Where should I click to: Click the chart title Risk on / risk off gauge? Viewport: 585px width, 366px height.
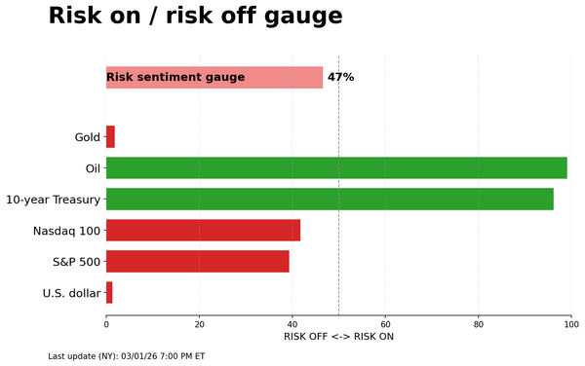coord(195,17)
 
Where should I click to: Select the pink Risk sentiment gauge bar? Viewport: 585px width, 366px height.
coord(214,77)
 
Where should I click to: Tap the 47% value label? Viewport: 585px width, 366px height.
coord(340,77)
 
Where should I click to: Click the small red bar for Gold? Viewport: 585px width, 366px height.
coord(110,137)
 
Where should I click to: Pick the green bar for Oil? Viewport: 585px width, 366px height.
coord(336,168)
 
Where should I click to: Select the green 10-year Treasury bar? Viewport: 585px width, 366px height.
coord(330,200)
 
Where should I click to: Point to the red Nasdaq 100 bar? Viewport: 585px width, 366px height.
coord(203,231)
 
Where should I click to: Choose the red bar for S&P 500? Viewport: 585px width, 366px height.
coord(197,262)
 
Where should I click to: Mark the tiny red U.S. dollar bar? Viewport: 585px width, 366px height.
coord(109,293)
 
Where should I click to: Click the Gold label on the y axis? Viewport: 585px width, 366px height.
coord(88,137)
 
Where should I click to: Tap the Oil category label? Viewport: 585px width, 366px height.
coord(94,168)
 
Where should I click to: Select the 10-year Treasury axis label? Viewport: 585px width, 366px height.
coord(53,200)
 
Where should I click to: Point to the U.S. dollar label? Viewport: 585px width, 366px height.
coord(71,293)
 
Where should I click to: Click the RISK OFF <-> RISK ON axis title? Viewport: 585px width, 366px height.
coord(338,337)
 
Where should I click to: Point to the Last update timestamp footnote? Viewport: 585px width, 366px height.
coord(127,356)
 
